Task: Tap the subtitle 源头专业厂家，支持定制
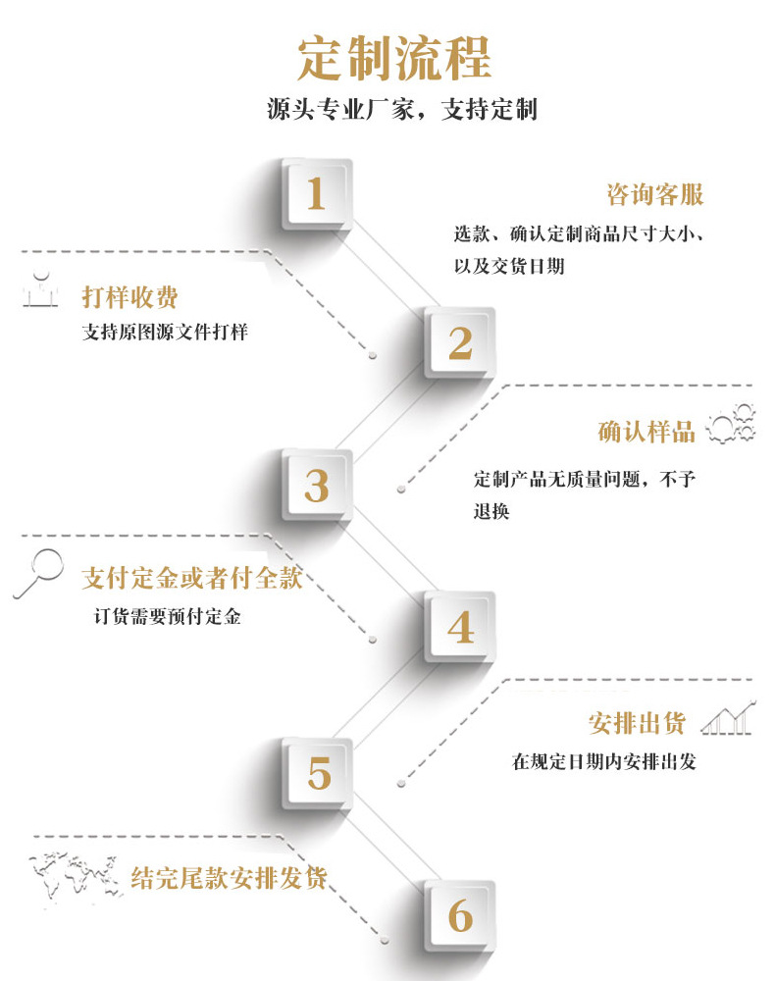(402, 109)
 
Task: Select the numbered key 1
(316, 194)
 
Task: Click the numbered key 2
(459, 342)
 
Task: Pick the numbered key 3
(316, 486)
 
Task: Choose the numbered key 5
(318, 773)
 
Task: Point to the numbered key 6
(459, 916)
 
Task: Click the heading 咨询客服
(655, 194)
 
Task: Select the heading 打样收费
(130, 297)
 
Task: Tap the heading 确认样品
(646, 432)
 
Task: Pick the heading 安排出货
(638, 724)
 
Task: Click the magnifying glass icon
(38, 573)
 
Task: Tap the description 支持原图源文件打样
(165, 333)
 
